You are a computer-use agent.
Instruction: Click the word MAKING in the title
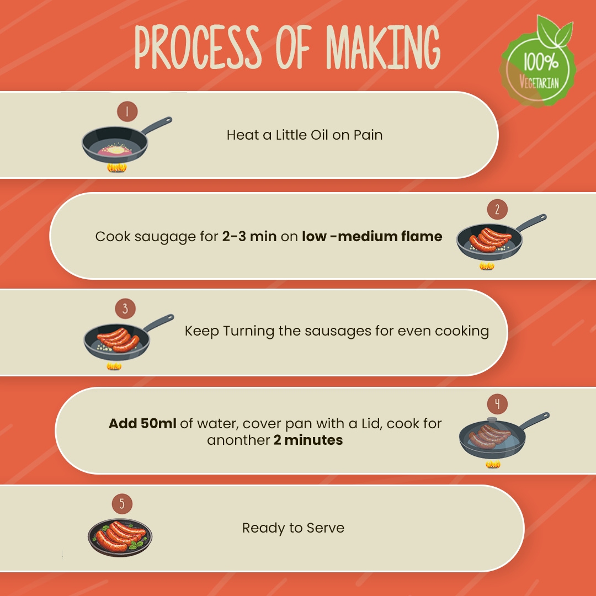[383, 47]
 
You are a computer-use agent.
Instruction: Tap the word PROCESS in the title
[198, 47]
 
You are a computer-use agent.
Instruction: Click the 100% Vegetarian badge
[538, 62]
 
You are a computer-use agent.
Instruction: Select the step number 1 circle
[127, 111]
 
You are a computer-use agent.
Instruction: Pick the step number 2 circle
[497, 210]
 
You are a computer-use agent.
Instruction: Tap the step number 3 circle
[125, 308]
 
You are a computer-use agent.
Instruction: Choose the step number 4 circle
[497, 404]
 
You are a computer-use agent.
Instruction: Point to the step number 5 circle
[122, 504]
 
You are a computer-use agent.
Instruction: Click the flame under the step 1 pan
[116, 168]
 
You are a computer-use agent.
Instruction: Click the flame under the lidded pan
[493, 464]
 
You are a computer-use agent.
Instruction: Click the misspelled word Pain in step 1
[368, 135]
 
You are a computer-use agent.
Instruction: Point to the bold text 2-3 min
[249, 236]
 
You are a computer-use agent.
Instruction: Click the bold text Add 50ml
[142, 423]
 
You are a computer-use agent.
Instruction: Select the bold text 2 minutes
[308, 440]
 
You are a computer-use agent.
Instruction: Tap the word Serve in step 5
[326, 528]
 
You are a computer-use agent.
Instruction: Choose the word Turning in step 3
[248, 332]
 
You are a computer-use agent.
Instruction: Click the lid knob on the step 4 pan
[492, 419]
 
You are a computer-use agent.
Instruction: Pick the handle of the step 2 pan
[531, 222]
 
